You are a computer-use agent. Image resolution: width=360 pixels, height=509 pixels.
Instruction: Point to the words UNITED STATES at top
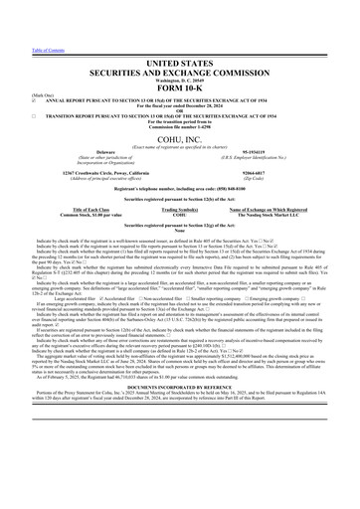click(x=180, y=34)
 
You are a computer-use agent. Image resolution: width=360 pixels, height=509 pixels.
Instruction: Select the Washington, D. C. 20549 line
click(x=180, y=50)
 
